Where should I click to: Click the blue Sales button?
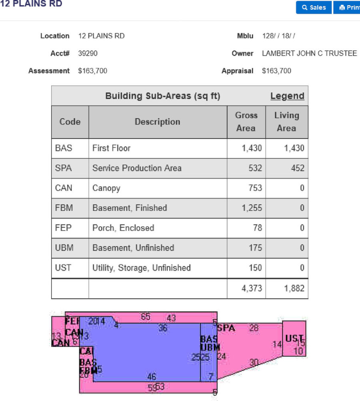[x=314, y=7]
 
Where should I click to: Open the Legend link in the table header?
[x=287, y=96]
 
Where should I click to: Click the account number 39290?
[x=88, y=53]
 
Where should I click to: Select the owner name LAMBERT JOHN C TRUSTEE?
[x=309, y=53]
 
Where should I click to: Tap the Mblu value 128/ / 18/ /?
[x=278, y=36]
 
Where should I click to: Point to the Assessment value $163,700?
[x=92, y=71]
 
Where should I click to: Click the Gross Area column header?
[x=246, y=122]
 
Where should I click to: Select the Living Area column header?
[x=286, y=122]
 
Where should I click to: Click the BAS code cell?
[x=64, y=148]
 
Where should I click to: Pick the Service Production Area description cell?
[x=137, y=168]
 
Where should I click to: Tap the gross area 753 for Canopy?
[x=255, y=188]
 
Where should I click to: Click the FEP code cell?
[x=64, y=228]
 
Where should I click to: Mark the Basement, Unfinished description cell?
[x=133, y=248]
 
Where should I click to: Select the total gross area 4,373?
[x=252, y=288]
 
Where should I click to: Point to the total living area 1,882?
[x=294, y=288]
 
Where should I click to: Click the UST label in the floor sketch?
[x=294, y=339]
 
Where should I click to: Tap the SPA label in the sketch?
[x=226, y=328]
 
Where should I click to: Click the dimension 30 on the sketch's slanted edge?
[x=254, y=362]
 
